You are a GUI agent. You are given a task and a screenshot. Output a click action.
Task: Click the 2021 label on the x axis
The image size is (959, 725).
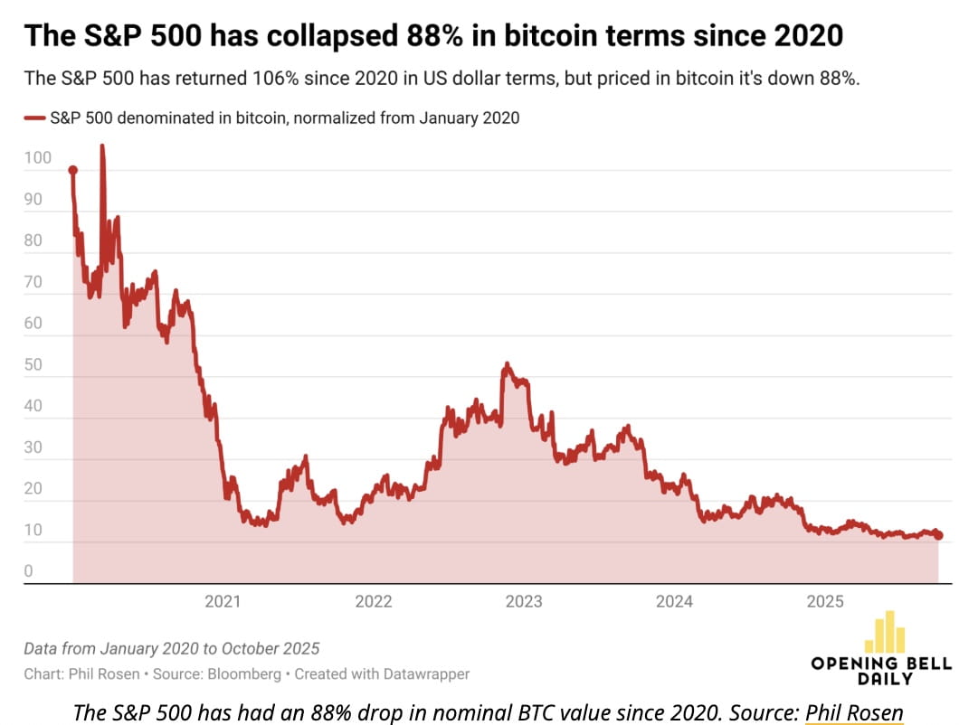223,602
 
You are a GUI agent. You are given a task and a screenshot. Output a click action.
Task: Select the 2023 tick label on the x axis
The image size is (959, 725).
524,602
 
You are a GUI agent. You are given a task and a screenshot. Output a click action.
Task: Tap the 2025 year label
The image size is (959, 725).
825,602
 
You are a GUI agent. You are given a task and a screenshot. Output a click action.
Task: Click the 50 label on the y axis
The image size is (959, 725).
33,364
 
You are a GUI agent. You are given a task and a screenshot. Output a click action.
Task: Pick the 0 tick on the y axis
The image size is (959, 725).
29,571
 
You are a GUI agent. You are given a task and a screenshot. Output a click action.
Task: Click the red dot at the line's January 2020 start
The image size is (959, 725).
73,170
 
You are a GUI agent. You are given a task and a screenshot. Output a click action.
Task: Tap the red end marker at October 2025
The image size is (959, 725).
938,536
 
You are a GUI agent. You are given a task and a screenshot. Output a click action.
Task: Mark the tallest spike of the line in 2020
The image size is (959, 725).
102,147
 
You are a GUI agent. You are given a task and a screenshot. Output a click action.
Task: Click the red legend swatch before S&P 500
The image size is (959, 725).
34,118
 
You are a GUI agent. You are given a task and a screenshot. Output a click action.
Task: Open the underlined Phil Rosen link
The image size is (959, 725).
854,712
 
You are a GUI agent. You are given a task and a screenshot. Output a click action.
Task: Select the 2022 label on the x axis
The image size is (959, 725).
373,602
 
